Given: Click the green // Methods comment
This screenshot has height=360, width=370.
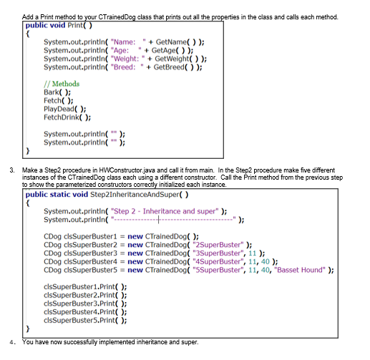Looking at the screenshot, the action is pyautogui.click(x=63, y=84).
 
